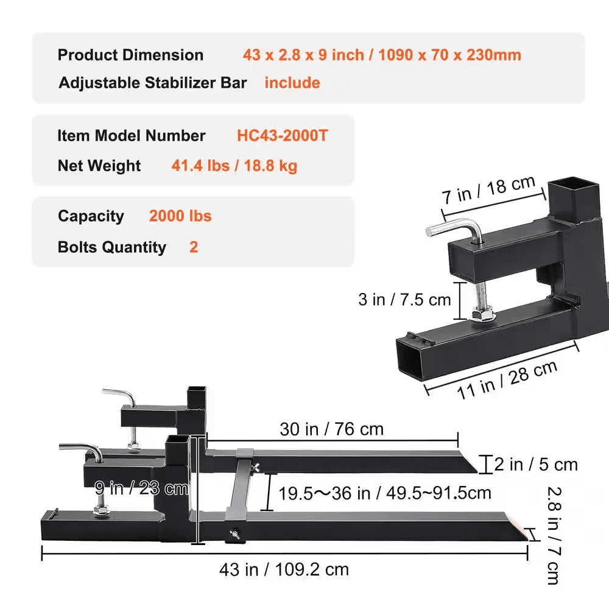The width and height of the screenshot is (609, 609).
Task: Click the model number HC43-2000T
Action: pos(282,135)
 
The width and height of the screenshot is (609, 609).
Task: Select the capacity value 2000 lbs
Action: pos(180,216)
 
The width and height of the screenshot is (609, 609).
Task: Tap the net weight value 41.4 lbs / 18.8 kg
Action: pos(234,166)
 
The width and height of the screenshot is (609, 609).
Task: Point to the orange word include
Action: pos(292,83)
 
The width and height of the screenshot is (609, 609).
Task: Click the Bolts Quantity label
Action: pos(112,247)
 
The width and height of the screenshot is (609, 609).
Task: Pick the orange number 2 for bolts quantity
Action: pos(194,247)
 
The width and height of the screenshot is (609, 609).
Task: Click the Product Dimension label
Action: pos(130,55)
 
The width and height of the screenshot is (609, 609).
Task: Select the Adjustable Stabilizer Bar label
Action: pos(153,83)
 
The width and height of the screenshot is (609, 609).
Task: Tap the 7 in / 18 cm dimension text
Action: pos(489,191)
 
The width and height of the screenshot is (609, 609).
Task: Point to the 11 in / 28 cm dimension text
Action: pos(507,380)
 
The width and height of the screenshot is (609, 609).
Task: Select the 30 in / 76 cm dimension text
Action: pos(332,429)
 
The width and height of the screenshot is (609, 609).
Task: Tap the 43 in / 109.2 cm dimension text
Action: pos(284,570)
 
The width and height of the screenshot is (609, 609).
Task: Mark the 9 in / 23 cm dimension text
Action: pos(141,488)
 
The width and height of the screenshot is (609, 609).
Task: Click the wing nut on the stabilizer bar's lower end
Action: pos(233,534)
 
